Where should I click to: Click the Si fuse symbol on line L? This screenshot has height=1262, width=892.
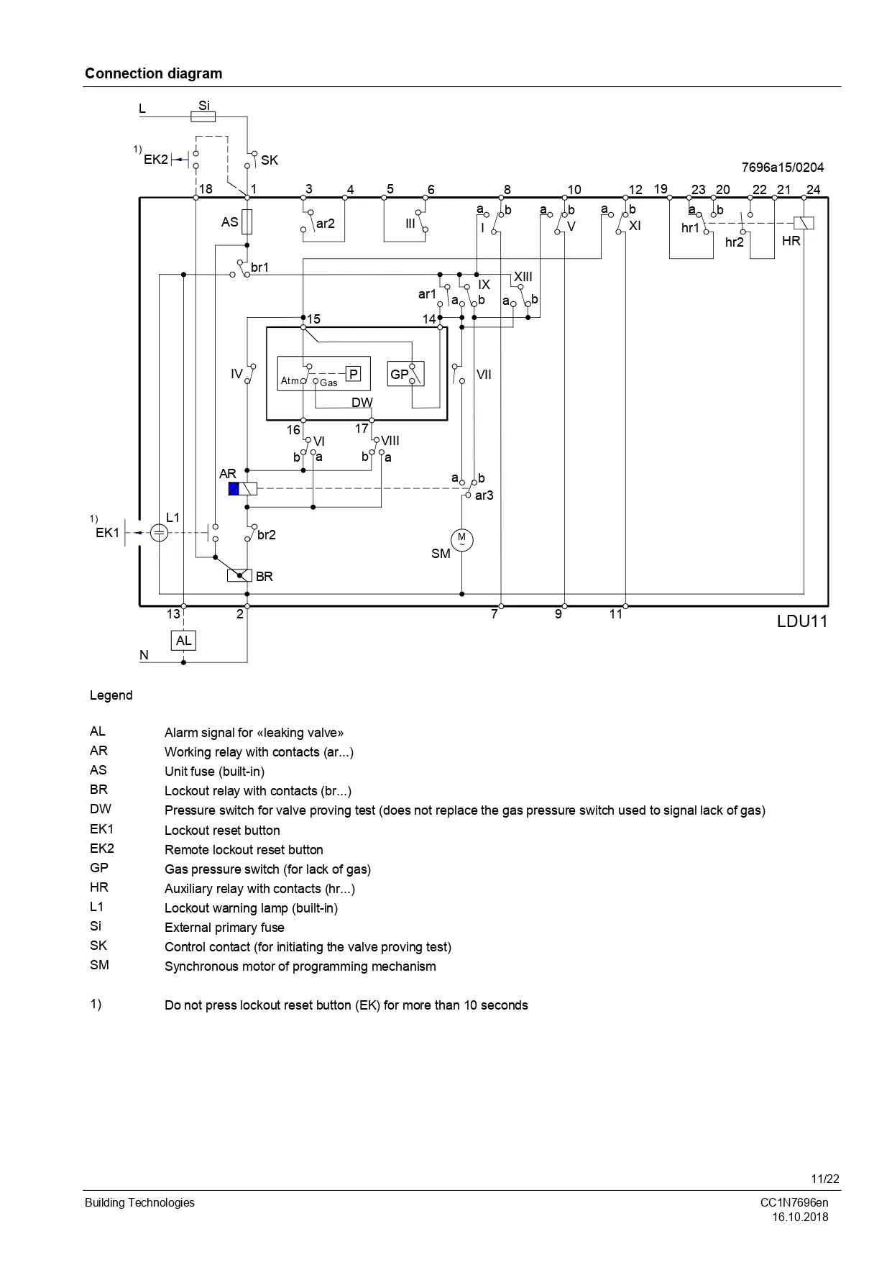tap(204, 116)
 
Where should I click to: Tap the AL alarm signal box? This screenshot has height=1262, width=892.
tap(184, 641)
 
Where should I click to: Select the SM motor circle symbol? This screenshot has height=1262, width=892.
tap(461, 539)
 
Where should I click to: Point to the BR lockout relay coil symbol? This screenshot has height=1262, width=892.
tap(239, 575)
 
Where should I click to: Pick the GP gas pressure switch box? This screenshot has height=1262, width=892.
tap(405, 374)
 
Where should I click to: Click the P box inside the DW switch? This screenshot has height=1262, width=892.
tap(354, 374)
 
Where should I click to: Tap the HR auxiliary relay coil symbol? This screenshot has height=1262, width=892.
tap(804, 223)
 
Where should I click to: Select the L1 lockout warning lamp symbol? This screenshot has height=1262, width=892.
tap(160, 533)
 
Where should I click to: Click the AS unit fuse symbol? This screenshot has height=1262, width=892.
tap(247, 222)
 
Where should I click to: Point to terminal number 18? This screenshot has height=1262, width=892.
tap(206, 189)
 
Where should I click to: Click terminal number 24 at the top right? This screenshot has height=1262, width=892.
tap(813, 190)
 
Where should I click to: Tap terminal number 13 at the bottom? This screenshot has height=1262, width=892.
tap(173, 614)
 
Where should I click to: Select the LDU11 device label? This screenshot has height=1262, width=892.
tap(801, 621)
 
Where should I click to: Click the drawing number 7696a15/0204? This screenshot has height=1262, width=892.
tap(783, 168)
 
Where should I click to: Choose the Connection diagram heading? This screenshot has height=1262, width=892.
tap(154, 73)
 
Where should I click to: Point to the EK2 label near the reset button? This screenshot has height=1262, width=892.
tap(155, 160)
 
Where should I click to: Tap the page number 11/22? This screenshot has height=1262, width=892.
tap(825, 1179)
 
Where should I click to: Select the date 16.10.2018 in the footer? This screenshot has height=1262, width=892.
tap(800, 1217)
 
